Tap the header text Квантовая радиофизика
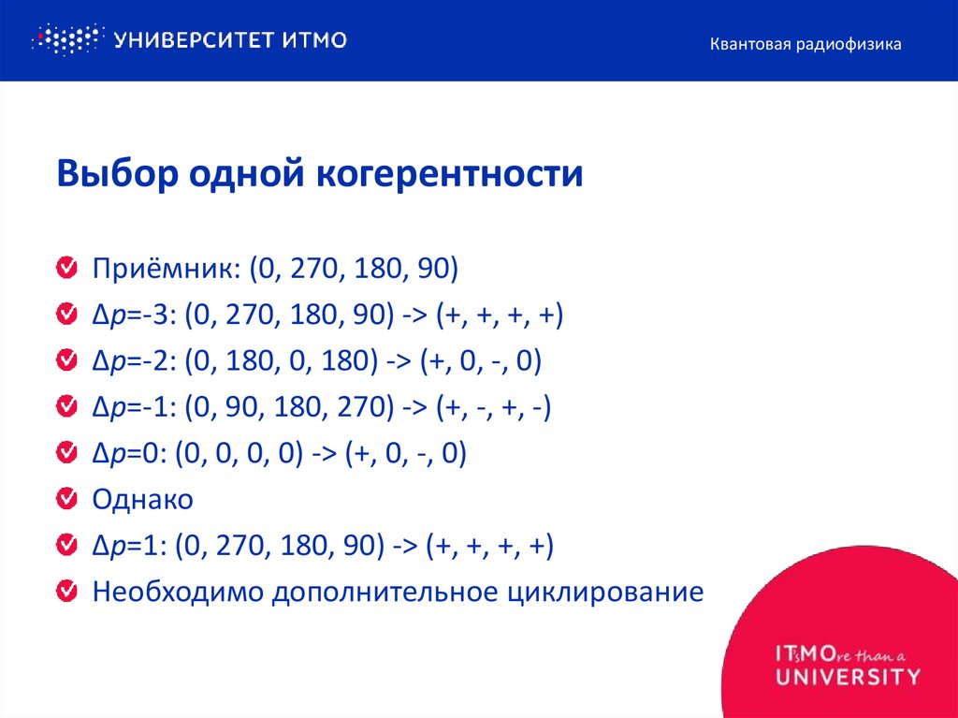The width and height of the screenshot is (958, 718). pos(805,44)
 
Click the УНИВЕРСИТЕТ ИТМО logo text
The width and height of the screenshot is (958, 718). pos(230,39)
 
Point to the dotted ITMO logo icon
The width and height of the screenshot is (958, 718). pos(65,39)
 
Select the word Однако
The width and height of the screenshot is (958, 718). pos(142,500)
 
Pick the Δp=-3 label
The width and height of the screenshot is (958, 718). pos(132,315)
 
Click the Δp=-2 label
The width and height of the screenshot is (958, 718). pos(132,361)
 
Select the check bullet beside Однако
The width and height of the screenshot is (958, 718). pos(66,500)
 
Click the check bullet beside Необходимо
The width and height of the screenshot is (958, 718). pos(66,592)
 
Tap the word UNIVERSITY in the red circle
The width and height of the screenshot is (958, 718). pos(848,676)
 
